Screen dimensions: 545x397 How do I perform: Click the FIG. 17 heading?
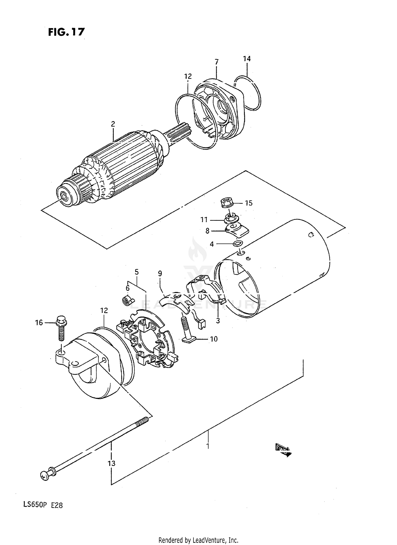pos(66,32)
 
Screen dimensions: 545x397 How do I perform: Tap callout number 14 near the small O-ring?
pos(247,59)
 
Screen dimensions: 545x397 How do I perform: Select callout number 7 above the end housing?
pos(216,62)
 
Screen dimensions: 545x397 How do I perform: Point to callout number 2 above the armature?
pos(113,124)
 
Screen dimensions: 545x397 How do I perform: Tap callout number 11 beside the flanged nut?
pos(204,220)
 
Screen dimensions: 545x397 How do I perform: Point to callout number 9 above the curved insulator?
pos(160,273)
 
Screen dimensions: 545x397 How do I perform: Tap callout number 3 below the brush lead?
pos(218,321)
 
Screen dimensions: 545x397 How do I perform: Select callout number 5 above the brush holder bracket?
pos(137,272)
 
